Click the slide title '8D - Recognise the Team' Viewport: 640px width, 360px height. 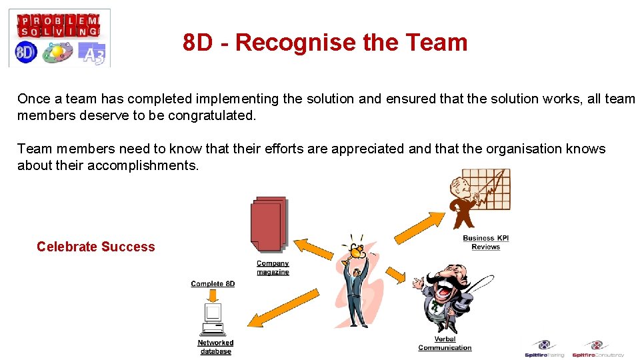tap(325, 43)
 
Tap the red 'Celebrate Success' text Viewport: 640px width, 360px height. tap(95, 247)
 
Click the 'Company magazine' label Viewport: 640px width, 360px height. tap(273, 267)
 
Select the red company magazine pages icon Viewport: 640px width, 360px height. tap(269, 224)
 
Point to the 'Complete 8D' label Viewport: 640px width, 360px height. tap(213, 283)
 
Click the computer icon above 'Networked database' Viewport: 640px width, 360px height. tap(213, 319)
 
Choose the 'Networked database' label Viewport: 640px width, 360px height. tap(215, 347)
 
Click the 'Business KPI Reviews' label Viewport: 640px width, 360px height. tap(485, 242)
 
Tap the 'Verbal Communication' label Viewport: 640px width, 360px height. tap(445, 343)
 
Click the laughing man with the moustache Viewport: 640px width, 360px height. tap(445, 297)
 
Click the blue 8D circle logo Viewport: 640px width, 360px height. tap(25, 53)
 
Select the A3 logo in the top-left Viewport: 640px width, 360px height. tap(91, 54)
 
